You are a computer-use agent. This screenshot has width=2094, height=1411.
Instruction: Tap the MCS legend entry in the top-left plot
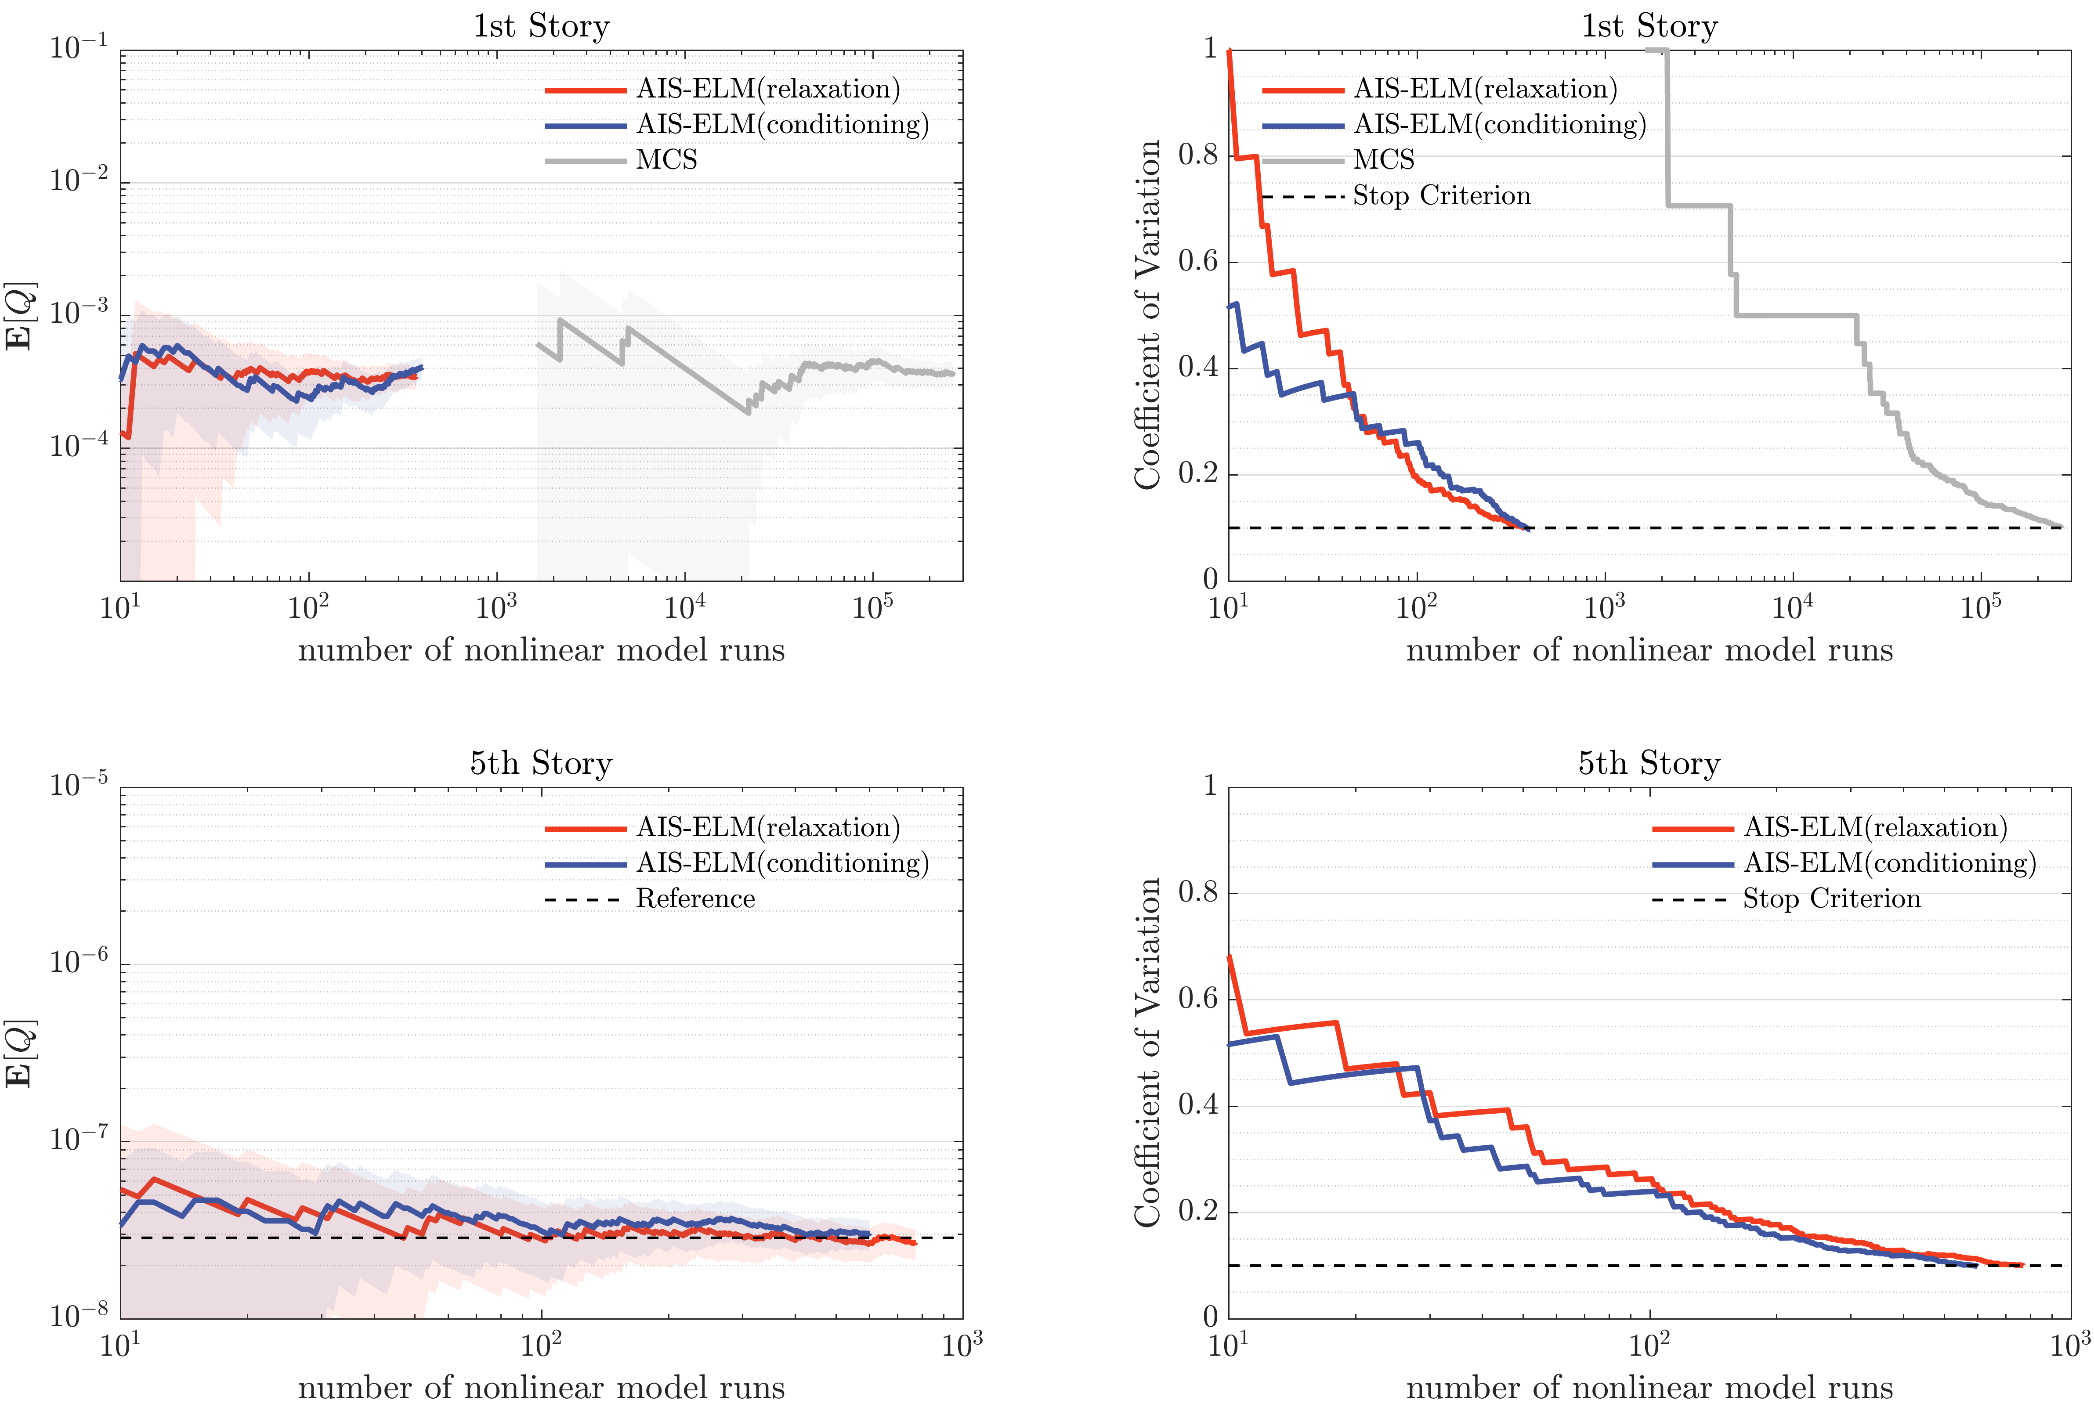[666, 160]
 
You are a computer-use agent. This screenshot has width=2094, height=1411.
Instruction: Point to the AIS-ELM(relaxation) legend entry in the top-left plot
[767, 89]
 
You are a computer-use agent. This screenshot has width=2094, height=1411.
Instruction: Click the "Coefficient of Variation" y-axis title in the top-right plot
[1147, 315]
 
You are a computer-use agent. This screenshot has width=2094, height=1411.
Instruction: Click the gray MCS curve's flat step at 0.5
[1795, 315]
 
